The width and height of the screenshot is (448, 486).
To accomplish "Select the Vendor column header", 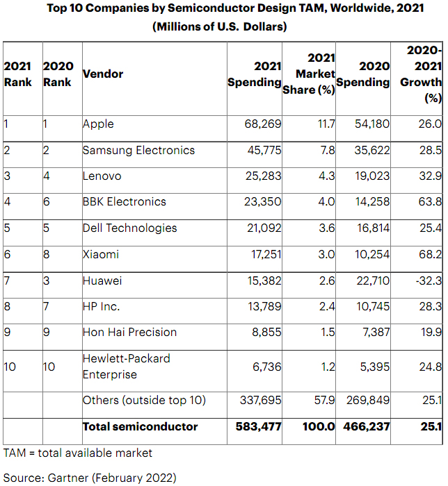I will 103,74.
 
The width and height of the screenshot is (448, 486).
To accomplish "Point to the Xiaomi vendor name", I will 101,254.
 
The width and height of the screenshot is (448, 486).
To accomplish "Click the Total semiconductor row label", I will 140,427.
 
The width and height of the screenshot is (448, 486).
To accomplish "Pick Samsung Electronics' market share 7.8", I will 326,151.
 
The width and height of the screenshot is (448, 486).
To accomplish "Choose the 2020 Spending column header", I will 363,74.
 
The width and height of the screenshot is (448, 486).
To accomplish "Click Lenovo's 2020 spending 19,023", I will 367,176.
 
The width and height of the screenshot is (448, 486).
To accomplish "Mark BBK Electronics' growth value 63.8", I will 426,202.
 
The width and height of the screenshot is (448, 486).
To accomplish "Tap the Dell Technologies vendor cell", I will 129,228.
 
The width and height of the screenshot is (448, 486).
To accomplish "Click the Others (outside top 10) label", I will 144,401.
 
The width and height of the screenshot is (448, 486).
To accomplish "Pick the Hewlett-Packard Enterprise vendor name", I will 126,367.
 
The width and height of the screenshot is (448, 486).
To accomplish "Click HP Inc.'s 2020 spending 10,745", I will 367,307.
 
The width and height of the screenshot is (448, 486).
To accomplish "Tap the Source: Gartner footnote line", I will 90,477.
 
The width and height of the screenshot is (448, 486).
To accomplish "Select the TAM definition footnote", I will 78,453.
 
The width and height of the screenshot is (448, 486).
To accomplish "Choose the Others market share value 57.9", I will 324,401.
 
